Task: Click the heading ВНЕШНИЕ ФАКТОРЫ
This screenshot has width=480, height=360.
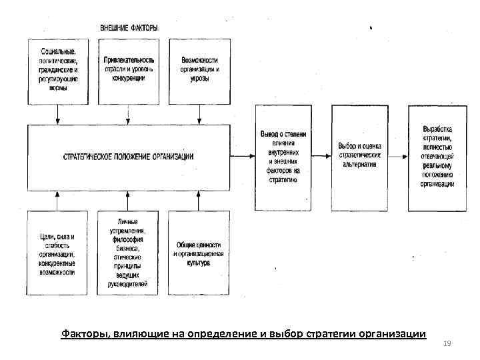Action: tap(129, 28)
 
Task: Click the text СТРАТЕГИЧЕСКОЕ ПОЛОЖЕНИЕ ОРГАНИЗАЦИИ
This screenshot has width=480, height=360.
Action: tap(128, 157)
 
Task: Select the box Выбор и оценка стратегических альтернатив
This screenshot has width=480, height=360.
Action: tap(361, 157)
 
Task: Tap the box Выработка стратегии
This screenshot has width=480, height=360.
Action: tap(437, 156)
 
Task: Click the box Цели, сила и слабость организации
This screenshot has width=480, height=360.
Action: tap(57, 253)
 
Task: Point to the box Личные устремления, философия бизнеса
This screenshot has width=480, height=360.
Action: tap(129, 253)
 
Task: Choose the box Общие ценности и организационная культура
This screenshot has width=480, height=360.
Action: tap(199, 253)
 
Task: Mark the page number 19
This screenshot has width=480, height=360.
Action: tap(447, 343)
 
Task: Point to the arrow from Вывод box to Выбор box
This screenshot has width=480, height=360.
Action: tap(322, 157)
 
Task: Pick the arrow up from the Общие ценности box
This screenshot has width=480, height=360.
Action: tap(199, 200)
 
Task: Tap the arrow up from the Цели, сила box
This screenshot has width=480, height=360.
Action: tap(58, 200)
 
